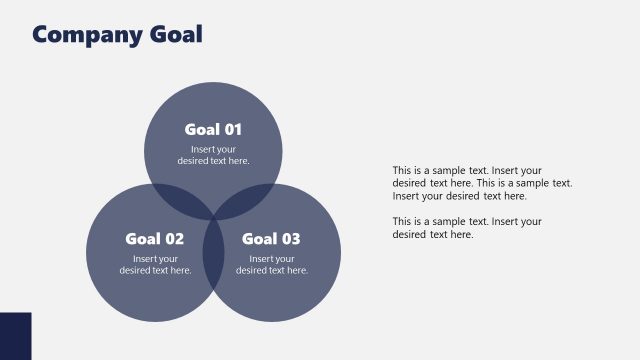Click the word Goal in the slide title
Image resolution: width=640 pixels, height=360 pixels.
[x=176, y=35]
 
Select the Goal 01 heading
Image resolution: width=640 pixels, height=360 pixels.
[x=213, y=129]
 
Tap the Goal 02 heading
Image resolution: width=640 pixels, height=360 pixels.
[x=154, y=239]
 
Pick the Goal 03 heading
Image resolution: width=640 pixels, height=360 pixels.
[x=271, y=239]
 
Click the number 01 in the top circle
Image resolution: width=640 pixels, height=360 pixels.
[x=232, y=129]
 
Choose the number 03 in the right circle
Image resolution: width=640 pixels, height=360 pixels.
[x=290, y=239]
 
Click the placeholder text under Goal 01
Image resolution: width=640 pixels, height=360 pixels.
[x=213, y=155]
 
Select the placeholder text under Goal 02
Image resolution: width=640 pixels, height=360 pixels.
[x=155, y=265]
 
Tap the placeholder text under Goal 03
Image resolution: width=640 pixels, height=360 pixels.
[x=272, y=265]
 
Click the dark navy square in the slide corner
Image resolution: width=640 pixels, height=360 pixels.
[x=15, y=336]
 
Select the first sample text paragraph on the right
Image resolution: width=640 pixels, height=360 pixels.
[x=482, y=183]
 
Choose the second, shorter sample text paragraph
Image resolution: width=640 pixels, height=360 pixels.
[x=467, y=228]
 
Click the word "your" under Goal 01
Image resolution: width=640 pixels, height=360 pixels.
[x=229, y=149]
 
